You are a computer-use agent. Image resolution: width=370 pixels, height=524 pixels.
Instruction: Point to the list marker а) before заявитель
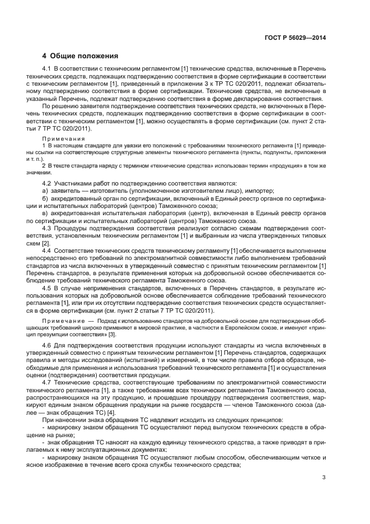(45, 191)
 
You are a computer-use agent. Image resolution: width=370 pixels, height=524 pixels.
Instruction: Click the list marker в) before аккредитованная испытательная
(45, 214)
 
